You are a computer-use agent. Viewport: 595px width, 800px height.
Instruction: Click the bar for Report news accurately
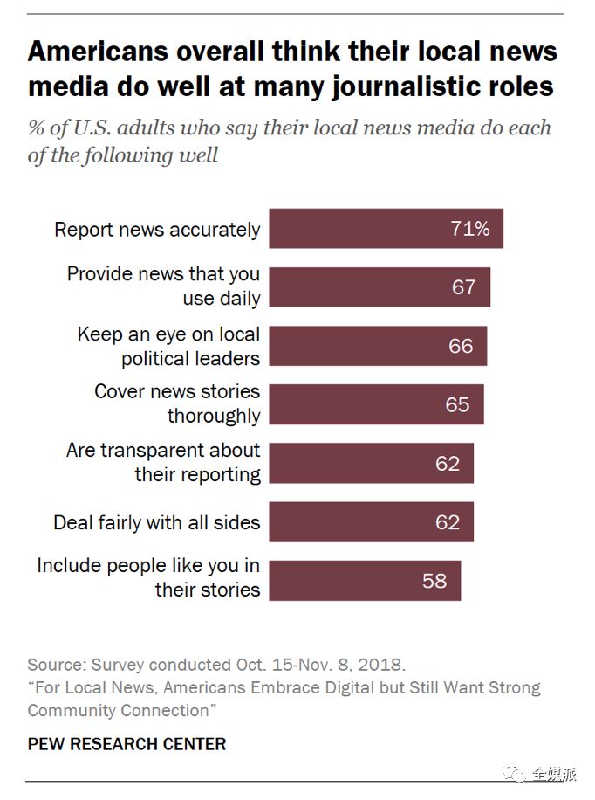(386, 230)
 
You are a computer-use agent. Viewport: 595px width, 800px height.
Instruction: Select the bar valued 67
(379, 287)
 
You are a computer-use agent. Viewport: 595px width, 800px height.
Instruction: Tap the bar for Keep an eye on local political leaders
(377, 346)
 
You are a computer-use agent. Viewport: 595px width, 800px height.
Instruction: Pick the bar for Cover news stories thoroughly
(375, 404)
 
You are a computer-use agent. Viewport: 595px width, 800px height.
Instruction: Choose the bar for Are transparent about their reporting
(371, 463)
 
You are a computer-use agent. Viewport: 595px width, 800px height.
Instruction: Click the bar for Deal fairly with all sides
(371, 522)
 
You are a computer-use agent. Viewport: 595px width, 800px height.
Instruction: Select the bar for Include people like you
(364, 581)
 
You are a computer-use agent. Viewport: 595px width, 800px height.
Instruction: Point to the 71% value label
(470, 230)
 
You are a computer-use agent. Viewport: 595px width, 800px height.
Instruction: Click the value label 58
(434, 581)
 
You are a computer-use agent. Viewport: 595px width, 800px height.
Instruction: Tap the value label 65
(457, 404)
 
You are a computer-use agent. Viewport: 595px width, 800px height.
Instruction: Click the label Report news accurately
(157, 230)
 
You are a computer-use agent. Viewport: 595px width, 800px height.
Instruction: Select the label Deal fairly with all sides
(157, 522)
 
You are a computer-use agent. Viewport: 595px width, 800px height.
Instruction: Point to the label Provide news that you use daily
(164, 286)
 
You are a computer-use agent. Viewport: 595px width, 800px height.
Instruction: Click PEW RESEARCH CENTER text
(127, 744)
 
